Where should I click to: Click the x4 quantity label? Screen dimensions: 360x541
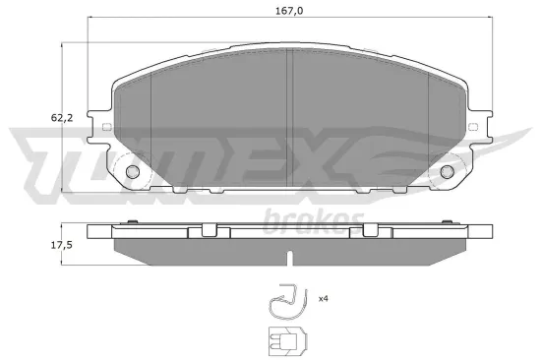[x=323, y=298]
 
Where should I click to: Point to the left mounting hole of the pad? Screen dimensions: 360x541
[x=134, y=173]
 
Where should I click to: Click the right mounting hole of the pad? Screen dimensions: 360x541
[x=447, y=173]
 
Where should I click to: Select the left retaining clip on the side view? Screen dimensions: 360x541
[x=206, y=231]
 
